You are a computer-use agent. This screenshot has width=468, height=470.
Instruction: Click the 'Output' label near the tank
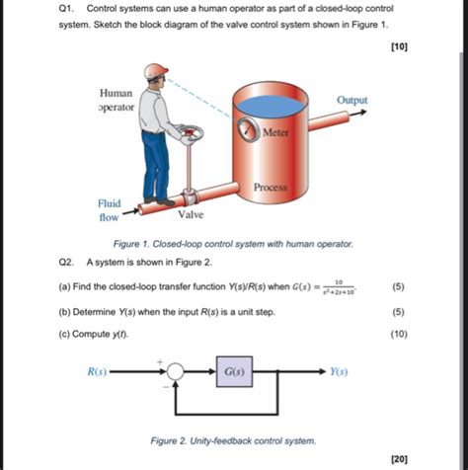click(x=351, y=101)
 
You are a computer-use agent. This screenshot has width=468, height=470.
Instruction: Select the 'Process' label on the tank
click(x=270, y=187)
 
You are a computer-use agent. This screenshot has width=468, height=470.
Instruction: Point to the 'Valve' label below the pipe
click(x=192, y=214)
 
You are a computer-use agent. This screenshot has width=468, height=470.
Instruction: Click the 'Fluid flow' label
click(x=109, y=209)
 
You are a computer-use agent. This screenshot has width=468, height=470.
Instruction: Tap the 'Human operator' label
click(x=117, y=99)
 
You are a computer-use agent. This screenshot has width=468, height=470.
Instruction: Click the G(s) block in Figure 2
click(x=235, y=373)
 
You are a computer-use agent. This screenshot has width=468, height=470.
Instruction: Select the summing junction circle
click(x=175, y=373)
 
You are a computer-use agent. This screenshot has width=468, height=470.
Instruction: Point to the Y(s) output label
click(x=338, y=373)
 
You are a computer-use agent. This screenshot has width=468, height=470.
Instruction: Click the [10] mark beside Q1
click(x=398, y=46)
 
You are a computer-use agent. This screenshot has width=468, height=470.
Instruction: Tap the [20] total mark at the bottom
click(x=398, y=458)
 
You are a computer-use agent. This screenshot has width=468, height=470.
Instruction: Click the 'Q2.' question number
click(x=67, y=264)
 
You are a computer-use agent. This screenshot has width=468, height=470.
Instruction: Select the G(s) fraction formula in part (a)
click(x=338, y=287)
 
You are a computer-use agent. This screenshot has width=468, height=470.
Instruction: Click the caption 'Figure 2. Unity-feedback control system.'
click(x=232, y=439)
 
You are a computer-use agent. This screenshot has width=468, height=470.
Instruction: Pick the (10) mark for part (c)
click(x=398, y=334)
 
